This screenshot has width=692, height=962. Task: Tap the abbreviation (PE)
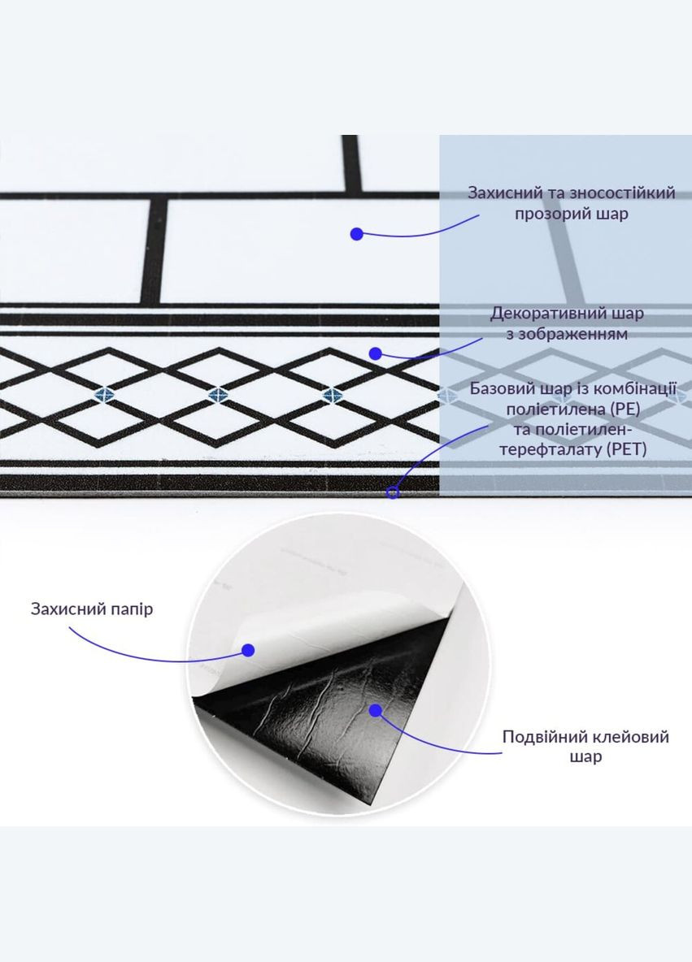click(623, 409)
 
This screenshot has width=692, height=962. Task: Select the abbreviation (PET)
click(626, 449)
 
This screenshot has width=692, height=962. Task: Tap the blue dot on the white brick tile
click(357, 234)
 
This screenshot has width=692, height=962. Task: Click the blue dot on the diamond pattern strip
click(376, 353)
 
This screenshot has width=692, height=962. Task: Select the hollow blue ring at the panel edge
click(393, 492)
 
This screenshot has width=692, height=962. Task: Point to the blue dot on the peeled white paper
click(248, 650)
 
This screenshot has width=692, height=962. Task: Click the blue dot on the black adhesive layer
click(375, 710)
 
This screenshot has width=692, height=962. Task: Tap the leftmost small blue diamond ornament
click(104, 395)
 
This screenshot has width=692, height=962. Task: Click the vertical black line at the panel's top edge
click(350, 162)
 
